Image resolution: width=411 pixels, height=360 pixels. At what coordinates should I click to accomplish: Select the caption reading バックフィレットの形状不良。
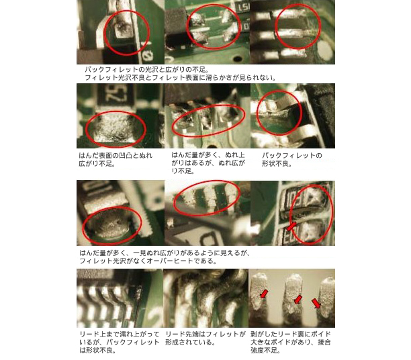pyautogui.click(x=291, y=159)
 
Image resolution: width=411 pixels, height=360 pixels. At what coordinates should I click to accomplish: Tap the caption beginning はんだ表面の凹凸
pyautogui.click(x=116, y=159)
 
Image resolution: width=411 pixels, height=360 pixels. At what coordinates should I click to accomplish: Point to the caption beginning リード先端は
pyautogui.click(x=205, y=339)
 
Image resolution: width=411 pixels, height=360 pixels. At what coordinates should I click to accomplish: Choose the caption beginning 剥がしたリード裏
pyautogui.click(x=290, y=342)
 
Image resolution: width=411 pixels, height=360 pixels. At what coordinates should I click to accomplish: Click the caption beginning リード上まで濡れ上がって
pyautogui.click(x=120, y=342)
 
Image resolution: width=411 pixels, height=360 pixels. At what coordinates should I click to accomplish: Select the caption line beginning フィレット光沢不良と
pyautogui.click(x=181, y=78)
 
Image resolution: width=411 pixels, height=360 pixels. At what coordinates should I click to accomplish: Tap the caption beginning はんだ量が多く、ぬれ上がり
pyautogui.click(x=208, y=163)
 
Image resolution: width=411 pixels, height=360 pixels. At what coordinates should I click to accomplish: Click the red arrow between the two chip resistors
pyautogui.click(x=291, y=226)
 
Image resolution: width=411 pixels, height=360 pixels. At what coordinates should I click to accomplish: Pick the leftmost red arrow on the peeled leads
pyautogui.click(x=264, y=294)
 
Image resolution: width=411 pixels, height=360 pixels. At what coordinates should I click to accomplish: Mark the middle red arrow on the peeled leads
pyautogui.click(x=298, y=299)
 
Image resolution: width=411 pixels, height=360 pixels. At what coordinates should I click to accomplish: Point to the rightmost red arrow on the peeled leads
pyautogui.click(x=316, y=303)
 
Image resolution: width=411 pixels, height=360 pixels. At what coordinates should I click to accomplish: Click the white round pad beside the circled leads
pyautogui.click(x=325, y=50)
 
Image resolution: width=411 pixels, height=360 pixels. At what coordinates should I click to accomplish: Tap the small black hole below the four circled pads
pyautogui.click(x=238, y=58)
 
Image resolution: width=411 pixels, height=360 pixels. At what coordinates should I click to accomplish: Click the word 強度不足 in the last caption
pyautogui.click(x=264, y=351)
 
